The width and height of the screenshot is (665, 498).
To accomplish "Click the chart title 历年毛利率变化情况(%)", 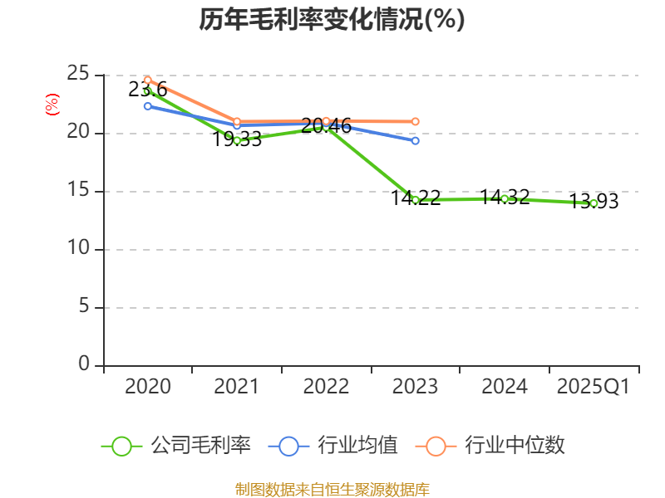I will pos(332,19).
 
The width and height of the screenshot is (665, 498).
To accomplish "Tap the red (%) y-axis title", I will pos(52,105).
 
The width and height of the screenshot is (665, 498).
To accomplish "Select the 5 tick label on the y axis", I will pos(84,307).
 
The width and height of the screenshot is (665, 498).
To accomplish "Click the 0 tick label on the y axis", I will pos(84,364).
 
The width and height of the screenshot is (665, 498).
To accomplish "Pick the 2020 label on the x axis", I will pos(147,387).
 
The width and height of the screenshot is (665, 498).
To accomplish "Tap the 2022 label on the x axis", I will pos(326,387).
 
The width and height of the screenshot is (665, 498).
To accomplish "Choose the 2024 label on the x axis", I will pos(505,387).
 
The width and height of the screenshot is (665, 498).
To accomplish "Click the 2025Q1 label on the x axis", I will pos(594,387).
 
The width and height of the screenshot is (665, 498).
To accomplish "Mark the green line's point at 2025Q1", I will pos(594,203).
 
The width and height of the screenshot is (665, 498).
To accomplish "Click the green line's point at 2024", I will pos(505,198).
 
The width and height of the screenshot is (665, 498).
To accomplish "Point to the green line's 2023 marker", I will pos(416,200).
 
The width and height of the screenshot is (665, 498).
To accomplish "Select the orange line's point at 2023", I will pos(416,121).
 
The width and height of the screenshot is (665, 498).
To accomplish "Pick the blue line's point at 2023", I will pos(416,141).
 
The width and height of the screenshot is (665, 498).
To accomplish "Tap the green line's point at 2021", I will pos(237,140).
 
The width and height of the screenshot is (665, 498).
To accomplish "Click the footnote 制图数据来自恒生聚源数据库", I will pos(332,489).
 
